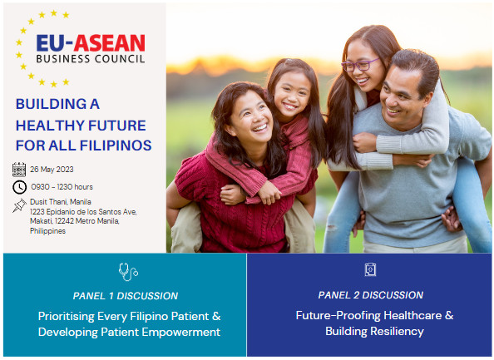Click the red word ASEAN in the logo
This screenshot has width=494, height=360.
tap(109, 43)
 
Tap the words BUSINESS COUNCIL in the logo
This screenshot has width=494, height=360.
tap(91, 58)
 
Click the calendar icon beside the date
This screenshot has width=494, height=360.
tap(19, 170)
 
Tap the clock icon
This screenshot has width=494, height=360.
tap(19, 187)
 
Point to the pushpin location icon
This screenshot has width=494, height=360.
tap(19, 205)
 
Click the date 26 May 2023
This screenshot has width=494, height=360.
tap(52, 170)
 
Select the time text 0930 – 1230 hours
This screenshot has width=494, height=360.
tap(62, 187)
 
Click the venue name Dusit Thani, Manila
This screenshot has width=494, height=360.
tap(61, 202)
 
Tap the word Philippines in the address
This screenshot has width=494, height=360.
tap(48, 231)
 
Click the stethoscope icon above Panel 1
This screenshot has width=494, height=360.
tap(128, 272)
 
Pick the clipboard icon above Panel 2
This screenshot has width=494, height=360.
tap(370, 269)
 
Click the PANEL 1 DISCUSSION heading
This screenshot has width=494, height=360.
tap(126, 296)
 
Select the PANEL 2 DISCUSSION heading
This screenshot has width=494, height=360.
tap(371, 295)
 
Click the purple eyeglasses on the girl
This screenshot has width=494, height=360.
tap(360, 65)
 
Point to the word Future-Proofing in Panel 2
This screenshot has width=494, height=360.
tap(338, 316)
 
